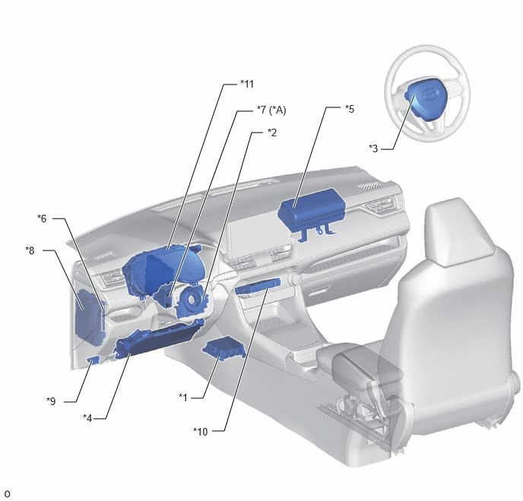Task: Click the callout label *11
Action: [247, 84]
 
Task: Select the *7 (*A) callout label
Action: [271, 110]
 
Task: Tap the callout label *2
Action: [272, 132]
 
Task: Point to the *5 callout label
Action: [350, 109]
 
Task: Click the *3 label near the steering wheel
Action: [373, 148]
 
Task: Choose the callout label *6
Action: [42, 219]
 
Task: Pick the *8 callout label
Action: [30, 250]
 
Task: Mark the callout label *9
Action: [51, 401]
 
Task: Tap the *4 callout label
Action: [87, 418]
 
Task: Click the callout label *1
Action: [183, 397]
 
